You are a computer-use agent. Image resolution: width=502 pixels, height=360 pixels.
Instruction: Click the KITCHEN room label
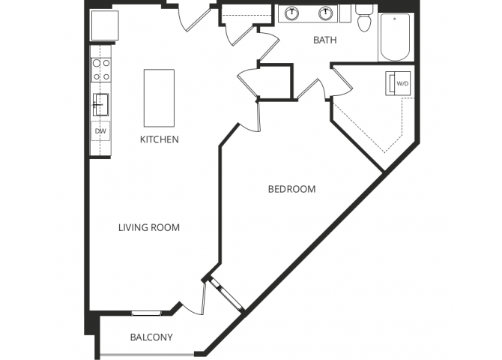click(159, 139)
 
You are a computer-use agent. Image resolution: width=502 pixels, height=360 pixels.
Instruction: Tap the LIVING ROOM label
click(149, 227)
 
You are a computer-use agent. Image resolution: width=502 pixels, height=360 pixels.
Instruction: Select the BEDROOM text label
click(291, 189)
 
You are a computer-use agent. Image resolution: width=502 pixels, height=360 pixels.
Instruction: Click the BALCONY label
click(151, 337)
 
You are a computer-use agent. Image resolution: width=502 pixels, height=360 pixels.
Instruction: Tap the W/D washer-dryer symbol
click(398, 83)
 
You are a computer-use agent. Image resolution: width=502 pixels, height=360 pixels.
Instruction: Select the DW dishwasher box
click(100, 131)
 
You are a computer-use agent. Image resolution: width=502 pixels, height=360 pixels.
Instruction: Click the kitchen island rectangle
click(159, 97)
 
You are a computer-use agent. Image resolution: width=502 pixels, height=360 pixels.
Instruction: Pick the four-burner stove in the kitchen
click(101, 70)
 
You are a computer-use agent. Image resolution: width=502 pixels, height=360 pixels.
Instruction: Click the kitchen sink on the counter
click(100, 103)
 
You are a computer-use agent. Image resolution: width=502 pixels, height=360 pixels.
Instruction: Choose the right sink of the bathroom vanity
click(326, 13)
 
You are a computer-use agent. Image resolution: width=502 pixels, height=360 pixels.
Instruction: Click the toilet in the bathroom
click(365, 20)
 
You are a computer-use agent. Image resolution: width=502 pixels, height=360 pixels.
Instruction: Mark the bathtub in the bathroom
click(396, 37)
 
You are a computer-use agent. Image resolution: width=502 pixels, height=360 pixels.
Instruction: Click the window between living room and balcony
click(147, 312)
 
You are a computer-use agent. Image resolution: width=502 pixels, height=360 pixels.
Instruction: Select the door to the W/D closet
click(342, 79)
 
